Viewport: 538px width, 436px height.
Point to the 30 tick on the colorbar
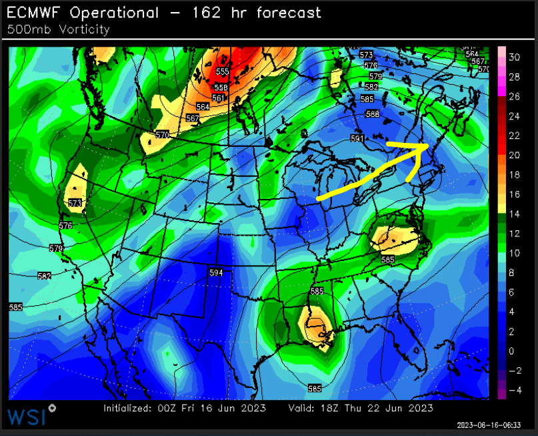point(514,57)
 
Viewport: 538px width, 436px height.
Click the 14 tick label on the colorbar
point(514,214)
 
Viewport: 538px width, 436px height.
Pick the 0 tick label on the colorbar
point(511,351)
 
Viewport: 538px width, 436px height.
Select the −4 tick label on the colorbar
point(514,390)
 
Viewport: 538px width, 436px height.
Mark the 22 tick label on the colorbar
point(514,136)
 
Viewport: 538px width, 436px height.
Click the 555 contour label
point(222,71)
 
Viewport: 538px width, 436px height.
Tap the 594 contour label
point(216,272)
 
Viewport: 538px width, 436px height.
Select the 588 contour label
point(373,114)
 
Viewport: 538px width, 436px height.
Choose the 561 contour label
point(218,98)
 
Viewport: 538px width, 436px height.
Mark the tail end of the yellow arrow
point(319,198)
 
